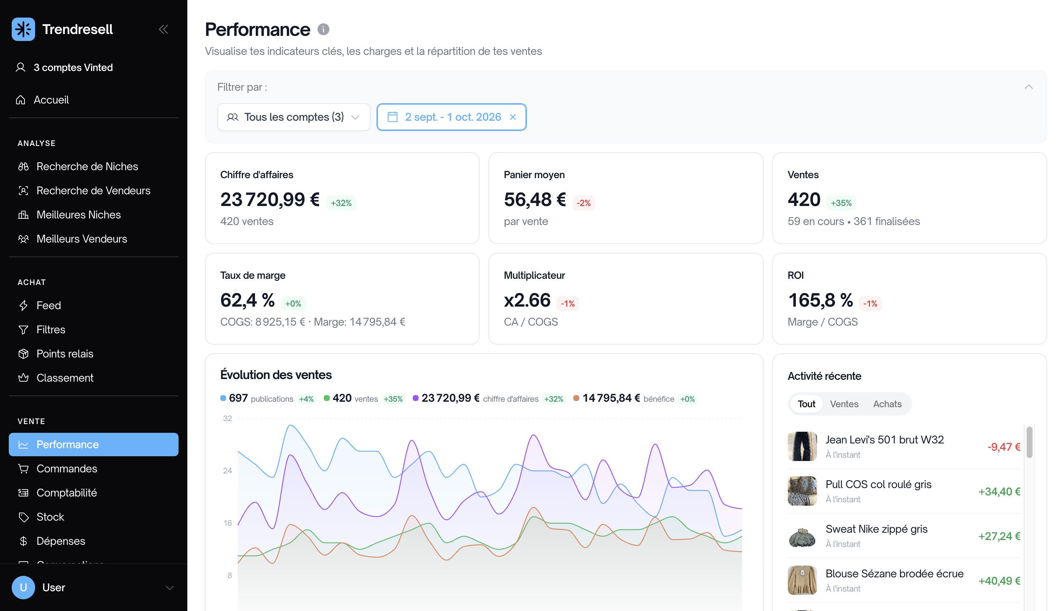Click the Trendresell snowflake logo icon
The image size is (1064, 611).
coord(23,29)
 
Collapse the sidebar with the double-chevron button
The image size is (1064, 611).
coord(164,29)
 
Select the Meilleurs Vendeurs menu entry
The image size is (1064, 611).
coord(81,239)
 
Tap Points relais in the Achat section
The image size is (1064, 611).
coord(65,354)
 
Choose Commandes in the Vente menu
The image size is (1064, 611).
coord(67,468)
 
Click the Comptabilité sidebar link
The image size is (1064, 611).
coord(66,493)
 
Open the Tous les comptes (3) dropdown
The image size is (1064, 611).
coord(294,117)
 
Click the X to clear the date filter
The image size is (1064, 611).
coord(513,117)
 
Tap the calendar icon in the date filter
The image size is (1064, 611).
coord(392,117)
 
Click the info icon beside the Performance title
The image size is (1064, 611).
coord(323,29)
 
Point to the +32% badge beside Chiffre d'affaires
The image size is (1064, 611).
coord(341,203)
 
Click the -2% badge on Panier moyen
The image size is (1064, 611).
coord(584,203)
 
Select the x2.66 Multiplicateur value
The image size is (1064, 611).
coord(527,300)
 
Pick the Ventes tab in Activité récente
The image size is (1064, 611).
coord(844,404)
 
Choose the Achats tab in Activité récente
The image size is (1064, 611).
coord(887,404)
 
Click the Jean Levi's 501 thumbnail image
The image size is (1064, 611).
coord(802,446)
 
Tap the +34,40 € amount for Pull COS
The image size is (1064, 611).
coord(999,491)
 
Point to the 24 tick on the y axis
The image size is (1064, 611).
coord(228,471)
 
